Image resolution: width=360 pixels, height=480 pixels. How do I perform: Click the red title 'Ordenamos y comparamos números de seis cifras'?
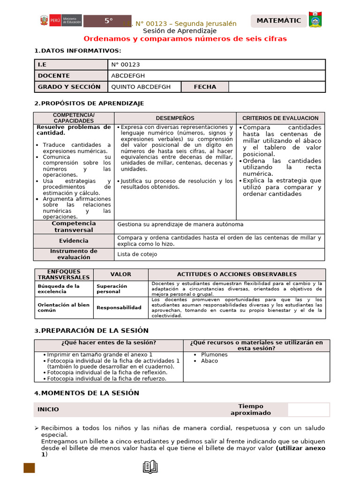click(185, 38)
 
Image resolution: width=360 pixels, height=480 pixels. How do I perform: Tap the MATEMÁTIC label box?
click(279, 21)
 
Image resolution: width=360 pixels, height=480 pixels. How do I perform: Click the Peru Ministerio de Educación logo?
click(60, 21)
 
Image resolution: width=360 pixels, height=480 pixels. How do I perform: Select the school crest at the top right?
click(315, 20)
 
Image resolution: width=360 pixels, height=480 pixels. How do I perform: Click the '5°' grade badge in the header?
click(109, 21)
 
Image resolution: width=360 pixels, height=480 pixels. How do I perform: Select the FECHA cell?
click(205, 87)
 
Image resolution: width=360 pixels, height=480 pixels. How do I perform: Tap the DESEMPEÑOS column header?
click(175, 118)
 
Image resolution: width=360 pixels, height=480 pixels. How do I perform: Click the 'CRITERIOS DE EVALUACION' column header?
click(280, 118)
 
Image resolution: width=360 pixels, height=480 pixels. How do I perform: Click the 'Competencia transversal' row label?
click(74, 227)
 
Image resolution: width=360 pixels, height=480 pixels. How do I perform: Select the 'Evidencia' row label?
click(74, 241)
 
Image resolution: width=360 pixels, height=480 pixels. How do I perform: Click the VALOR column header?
click(120, 274)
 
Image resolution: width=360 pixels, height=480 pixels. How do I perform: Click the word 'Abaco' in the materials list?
click(210, 361)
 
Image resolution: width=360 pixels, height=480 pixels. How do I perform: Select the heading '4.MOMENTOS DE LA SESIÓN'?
click(87, 393)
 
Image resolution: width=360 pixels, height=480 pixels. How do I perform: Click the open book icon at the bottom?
click(150, 466)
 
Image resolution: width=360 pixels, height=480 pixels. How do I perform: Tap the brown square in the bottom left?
click(30, 468)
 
